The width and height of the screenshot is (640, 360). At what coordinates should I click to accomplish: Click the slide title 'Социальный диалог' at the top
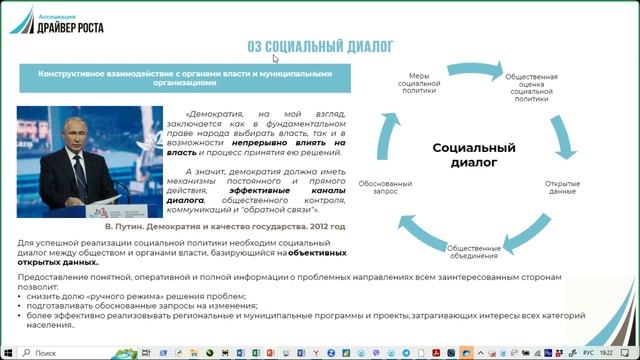[320, 45]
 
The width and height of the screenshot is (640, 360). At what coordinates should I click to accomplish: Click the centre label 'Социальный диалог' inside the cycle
[473, 154]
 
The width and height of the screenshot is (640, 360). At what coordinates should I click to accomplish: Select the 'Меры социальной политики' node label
[420, 81]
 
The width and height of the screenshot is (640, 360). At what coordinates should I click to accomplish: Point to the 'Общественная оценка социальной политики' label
[531, 88]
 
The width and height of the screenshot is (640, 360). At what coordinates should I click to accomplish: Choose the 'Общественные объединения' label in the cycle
[473, 250]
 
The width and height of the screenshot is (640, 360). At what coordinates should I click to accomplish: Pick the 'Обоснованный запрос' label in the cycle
[392, 187]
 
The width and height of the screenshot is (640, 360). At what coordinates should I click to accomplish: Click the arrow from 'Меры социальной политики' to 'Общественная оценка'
[470, 67]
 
